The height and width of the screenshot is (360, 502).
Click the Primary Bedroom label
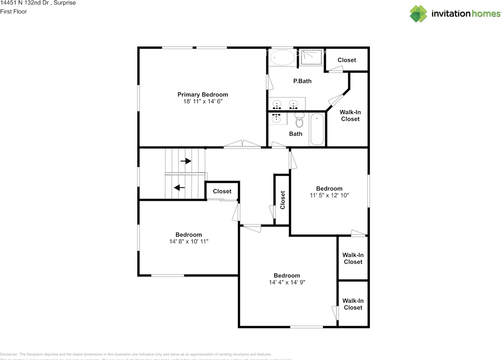coord(202,95)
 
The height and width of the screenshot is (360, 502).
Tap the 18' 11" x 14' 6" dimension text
coord(202,102)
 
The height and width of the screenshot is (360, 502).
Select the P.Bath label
coord(302,81)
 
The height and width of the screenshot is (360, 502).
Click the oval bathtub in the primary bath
coord(282,58)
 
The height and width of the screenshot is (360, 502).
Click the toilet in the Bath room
coord(300,120)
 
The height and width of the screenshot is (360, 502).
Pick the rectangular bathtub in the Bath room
coord(316,129)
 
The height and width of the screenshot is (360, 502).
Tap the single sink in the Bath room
coord(277,117)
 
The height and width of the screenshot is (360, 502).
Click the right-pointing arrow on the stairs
coord(186,161)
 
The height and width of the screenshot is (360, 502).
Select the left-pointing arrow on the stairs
coord(180,187)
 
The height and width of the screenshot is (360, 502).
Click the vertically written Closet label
coord(282,200)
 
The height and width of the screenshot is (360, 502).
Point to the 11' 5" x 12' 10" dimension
coord(329,195)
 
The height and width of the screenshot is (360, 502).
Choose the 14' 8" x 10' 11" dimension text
coord(189,242)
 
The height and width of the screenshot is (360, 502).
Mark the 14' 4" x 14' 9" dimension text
coord(287,282)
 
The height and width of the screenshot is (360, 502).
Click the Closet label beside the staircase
coord(222,191)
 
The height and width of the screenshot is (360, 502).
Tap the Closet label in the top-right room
coord(347,60)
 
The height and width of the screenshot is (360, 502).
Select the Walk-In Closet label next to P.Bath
coord(350,116)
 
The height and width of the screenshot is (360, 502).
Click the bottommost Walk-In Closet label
coord(353,304)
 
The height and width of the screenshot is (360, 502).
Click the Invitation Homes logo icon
coord(418,13)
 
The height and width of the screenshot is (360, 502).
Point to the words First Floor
coord(13,11)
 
